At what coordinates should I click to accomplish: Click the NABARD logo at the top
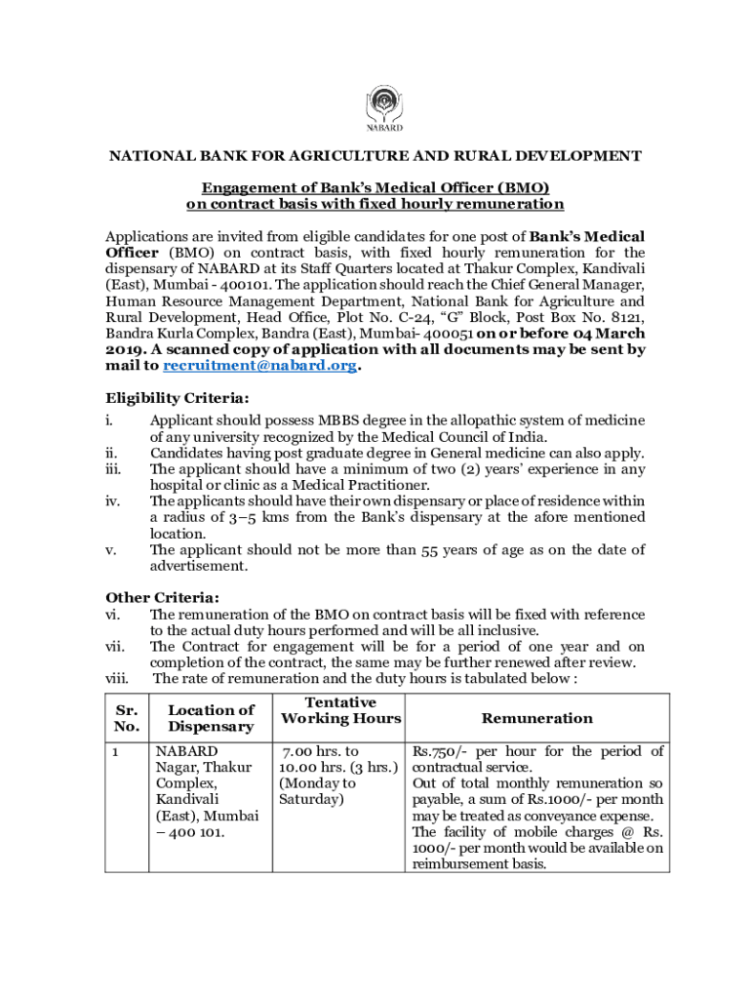383,107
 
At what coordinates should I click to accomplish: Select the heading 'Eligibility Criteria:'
177,398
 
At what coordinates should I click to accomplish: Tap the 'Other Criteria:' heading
162,597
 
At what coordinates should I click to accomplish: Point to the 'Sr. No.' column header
127,718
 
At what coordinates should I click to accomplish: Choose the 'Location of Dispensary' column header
211,718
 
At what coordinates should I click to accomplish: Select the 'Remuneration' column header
537,718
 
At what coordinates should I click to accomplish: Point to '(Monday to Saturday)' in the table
318,791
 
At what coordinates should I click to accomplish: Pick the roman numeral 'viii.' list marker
117,678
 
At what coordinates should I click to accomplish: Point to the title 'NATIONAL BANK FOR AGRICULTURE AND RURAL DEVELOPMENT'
375,156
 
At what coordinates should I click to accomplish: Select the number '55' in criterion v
430,550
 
